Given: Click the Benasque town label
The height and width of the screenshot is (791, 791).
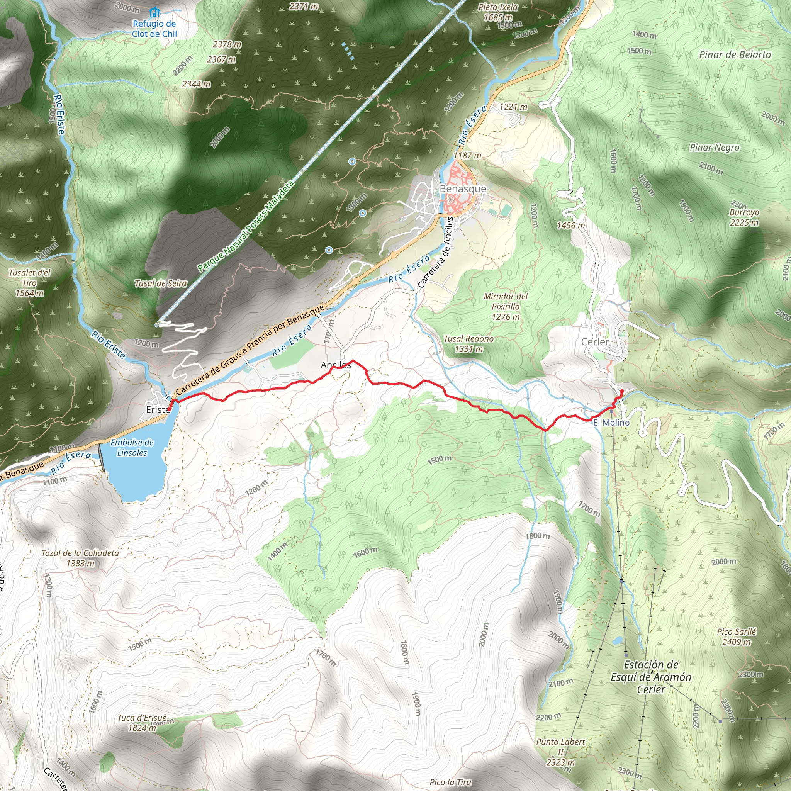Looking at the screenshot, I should point(463,189).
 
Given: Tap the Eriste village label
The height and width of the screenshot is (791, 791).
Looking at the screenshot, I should point(158,409).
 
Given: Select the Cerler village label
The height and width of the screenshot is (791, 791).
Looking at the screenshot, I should point(594,342).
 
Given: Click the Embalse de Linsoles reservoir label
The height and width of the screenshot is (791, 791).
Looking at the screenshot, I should point(132,448).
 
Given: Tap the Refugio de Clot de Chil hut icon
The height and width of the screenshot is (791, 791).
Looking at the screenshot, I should point(154,12).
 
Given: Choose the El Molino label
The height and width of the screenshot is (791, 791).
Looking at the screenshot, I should point(611,422).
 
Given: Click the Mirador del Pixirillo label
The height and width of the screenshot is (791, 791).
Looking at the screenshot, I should point(506,306).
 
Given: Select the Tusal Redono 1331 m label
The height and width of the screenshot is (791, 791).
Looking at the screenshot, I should point(469,344).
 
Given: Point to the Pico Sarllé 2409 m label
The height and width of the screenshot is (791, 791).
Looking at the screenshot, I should point(737,637).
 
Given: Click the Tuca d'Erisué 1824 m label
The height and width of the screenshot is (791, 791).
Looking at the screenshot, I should point(142,723).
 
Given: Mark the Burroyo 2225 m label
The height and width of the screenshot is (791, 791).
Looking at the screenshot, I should point(744,217).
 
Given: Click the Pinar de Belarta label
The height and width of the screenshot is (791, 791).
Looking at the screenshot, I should point(735,55).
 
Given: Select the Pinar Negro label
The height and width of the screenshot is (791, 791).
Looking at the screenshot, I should point(715,148).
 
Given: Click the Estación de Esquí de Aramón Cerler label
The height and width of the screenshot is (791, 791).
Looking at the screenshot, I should point(651,677).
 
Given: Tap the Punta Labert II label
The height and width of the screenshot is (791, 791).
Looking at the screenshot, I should point(560,752).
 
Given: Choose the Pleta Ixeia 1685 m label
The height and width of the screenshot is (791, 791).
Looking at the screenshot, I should point(498,12).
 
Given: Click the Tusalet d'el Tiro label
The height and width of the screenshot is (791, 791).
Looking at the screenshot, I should point(29,282).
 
